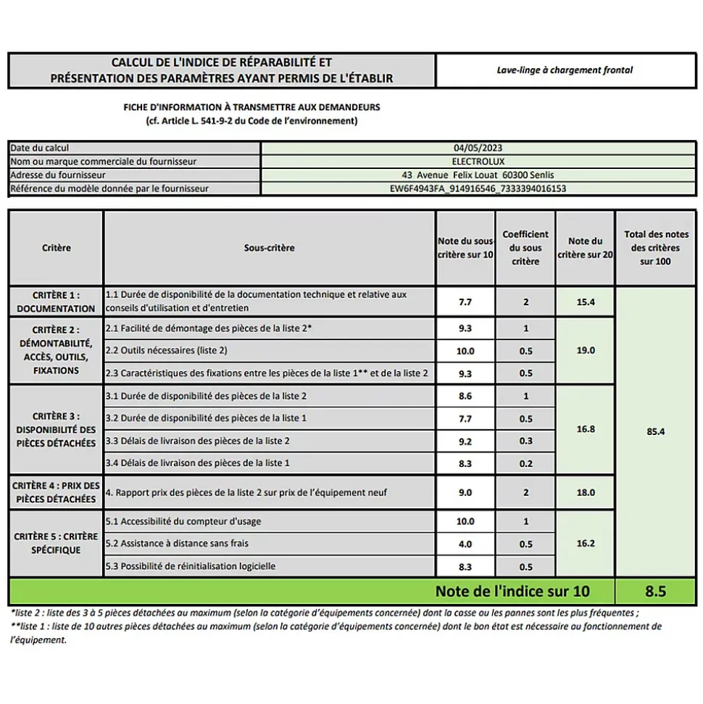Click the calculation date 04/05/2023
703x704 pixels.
tap(478, 148)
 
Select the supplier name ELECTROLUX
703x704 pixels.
tap(478, 161)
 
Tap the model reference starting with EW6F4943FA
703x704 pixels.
tap(478, 189)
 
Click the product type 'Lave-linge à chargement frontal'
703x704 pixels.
tap(565, 70)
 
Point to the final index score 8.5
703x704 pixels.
tap(655, 592)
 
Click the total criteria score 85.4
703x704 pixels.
tap(655, 431)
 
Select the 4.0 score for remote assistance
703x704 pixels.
tap(465, 544)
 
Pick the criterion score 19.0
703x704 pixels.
tap(585, 350)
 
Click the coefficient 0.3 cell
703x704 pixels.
tap(525, 441)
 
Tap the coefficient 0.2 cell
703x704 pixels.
tap(525, 463)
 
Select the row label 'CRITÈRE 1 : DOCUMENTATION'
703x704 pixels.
tap(56, 302)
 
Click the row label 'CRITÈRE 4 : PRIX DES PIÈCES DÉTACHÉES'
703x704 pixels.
tap(56, 492)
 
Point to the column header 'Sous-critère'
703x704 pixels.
tap(270, 248)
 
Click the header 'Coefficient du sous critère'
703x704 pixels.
tap(525, 248)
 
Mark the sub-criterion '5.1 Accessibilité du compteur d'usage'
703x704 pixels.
tap(183, 521)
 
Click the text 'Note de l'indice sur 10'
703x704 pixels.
tap(512, 592)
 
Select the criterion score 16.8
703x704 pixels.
tap(585, 429)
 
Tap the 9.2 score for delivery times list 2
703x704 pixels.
tap(465, 441)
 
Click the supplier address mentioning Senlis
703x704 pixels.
tap(478, 175)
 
